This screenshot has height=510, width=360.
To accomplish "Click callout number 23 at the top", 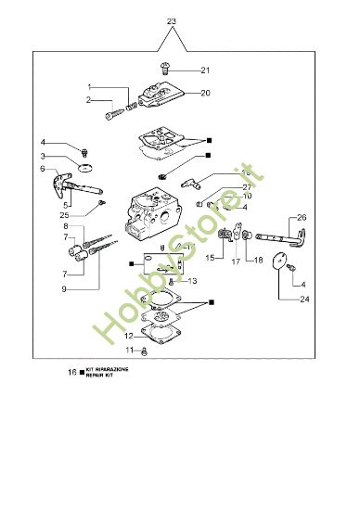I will (170, 19).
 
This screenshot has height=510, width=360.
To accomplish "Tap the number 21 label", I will (205, 70).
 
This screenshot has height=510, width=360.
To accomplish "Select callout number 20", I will (205, 93).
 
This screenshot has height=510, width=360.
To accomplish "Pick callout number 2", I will (89, 99).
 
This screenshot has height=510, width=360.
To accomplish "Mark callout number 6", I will (69, 170).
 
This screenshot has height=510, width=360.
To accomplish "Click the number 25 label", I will (77, 214).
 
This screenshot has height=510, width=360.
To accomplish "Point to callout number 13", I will (193, 280).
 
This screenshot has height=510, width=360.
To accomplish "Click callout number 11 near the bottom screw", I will (130, 351).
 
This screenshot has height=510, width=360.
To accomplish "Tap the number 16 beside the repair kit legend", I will (71, 371).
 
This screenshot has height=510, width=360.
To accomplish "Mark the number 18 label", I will (258, 261).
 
